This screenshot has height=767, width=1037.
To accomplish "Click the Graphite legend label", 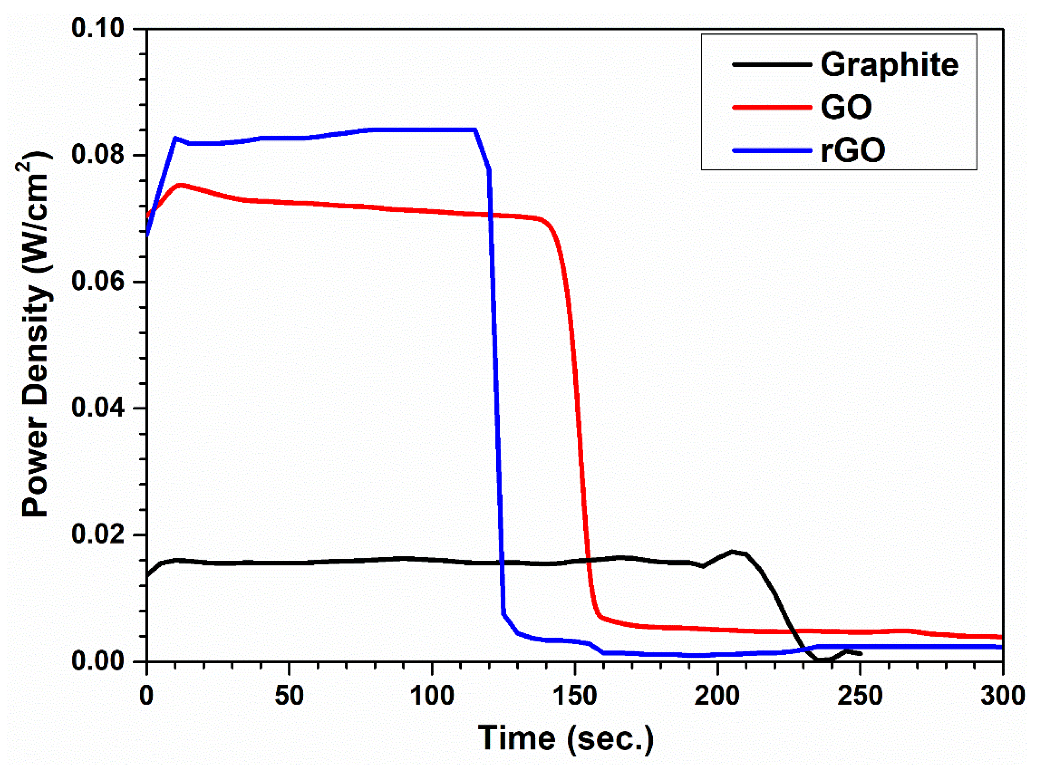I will click(889, 65).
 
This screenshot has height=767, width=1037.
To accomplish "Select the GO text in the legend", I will click(846, 107).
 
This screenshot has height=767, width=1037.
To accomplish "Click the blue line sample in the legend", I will click(772, 151).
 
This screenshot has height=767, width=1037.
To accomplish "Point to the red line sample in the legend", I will click(772, 107).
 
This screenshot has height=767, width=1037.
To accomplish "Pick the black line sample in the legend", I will click(772, 64).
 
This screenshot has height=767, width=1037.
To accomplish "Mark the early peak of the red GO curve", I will click(180, 185).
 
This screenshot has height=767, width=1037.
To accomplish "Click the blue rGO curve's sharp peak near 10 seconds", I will click(175, 138).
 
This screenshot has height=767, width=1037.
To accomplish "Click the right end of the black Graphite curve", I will click(860, 654).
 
